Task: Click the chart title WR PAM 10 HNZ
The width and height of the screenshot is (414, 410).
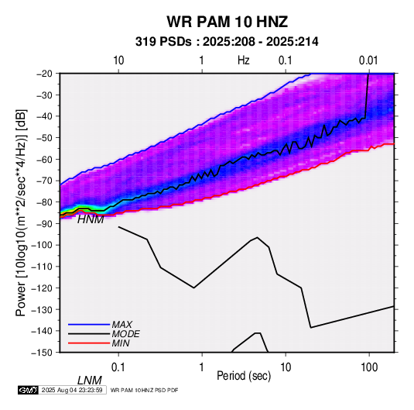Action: pos(227,22)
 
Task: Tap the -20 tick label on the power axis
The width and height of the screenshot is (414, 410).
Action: pos(44,74)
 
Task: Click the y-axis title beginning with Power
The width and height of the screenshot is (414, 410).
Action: pos(21,212)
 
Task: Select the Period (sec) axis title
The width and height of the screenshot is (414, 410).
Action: pos(244,376)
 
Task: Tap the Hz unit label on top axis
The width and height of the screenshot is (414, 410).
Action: pos(244,60)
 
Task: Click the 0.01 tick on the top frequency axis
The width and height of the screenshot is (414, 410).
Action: pos(368,60)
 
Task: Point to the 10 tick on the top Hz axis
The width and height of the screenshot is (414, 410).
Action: pos(118,60)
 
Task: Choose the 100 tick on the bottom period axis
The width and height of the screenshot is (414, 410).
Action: pos(369,367)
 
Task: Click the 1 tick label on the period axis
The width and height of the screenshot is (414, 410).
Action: pos(202,367)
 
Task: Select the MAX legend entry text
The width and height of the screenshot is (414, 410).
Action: pos(122,325)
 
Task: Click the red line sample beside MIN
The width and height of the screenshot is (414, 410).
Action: pos(89,343)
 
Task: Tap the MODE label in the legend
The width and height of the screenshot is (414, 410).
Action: pos(125,334)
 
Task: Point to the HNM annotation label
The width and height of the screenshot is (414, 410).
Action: pos(91,219)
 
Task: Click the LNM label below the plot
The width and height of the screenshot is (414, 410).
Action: pos(89,381)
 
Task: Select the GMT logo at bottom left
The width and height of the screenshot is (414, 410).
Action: pos(28,390)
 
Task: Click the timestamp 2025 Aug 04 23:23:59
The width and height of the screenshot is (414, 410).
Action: pos(72,390)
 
